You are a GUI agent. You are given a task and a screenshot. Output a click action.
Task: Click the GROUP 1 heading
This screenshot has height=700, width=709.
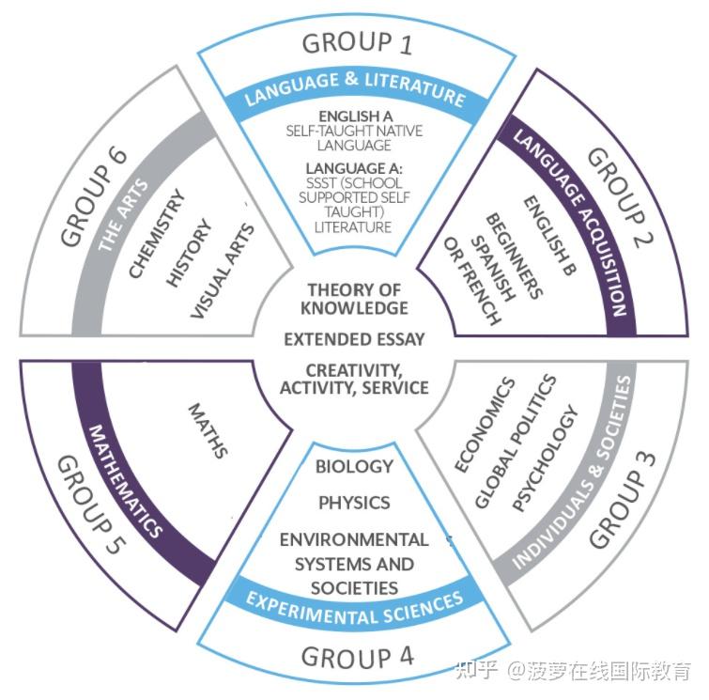coord(356,42)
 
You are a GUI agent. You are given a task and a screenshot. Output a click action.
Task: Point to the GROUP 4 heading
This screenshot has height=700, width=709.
coord(355,654)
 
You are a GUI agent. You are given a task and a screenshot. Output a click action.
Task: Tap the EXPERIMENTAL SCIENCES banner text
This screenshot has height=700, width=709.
coord(355,608)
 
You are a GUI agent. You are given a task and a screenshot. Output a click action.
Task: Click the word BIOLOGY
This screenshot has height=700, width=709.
coord(354,466)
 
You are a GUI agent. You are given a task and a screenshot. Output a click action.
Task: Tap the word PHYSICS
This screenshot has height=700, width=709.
coord(354,503)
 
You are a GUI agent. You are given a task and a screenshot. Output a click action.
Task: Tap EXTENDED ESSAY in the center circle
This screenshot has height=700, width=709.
coord(354,338)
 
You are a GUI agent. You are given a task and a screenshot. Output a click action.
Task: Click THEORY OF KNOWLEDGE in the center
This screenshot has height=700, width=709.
coord(354,299)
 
